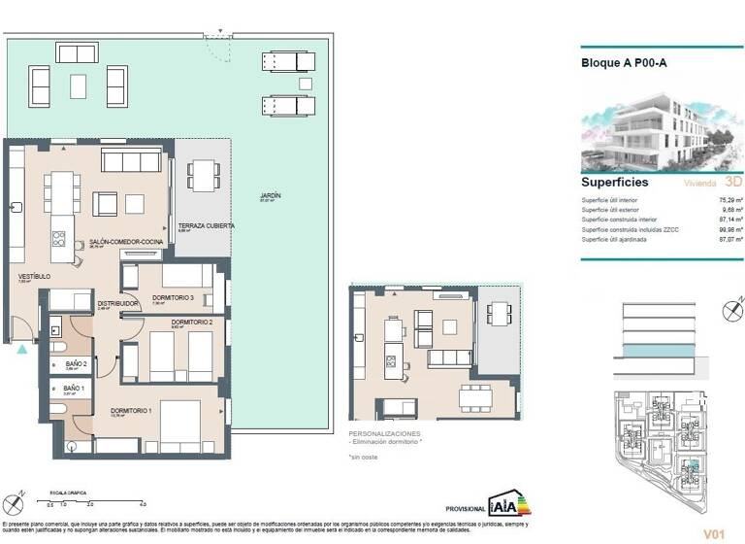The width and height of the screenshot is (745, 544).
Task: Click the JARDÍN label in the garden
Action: (269, 196)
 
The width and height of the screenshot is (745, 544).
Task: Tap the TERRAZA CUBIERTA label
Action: (206, 225)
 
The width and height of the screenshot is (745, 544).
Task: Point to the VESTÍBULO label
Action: (34, 277)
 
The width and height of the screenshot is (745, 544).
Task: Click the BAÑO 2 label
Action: (76, 363)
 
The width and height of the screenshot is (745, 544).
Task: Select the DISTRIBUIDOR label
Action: (117, 303)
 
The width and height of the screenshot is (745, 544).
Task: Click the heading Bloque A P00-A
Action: (623, 63)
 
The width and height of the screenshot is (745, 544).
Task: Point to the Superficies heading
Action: (615, 182)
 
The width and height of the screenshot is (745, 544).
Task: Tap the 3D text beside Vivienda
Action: (733, 181)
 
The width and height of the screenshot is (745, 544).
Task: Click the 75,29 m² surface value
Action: (730, 199)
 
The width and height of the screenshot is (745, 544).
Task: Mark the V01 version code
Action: (715, 533)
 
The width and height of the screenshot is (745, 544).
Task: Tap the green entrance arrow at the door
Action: (22, 349)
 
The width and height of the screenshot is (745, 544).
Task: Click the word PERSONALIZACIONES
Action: (385, 432)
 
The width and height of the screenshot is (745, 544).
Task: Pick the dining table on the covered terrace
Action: (203, 175)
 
